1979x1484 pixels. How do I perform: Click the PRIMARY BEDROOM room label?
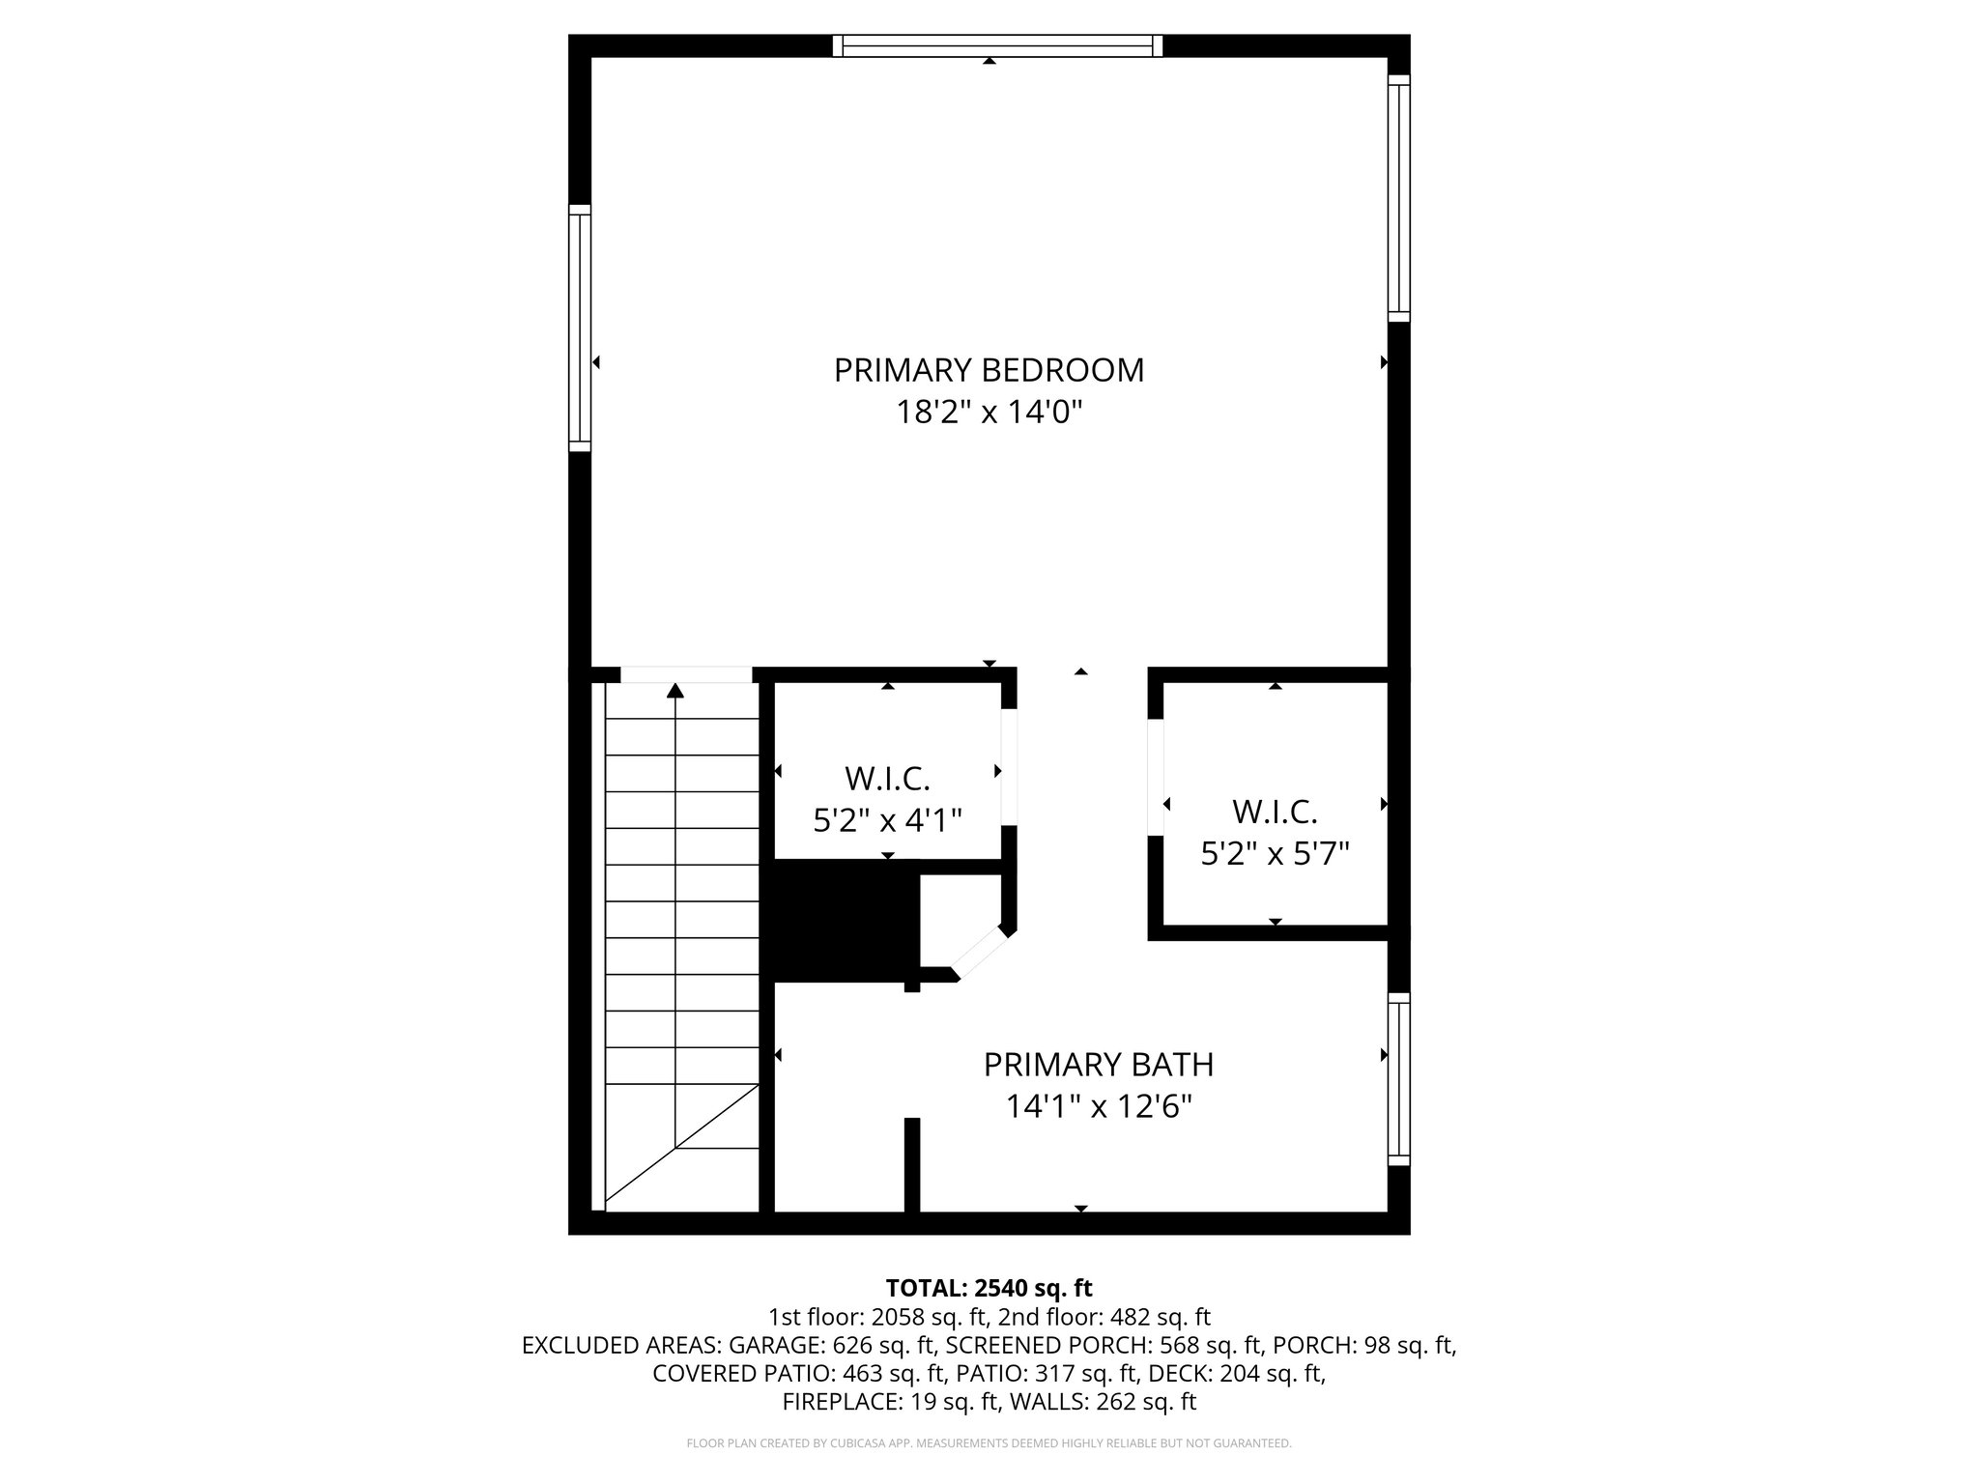pos(989,370)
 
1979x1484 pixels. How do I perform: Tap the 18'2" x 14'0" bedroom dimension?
pos(989,414)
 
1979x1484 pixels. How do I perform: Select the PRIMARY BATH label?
pos(1099,1065)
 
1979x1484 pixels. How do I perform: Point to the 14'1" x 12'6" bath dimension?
pos(1099,1107)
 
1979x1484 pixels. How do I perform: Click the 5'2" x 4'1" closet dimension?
pos(887,821)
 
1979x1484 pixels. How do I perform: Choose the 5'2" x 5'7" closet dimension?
pos(1275,854)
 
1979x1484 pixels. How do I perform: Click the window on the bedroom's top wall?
pos(997,45)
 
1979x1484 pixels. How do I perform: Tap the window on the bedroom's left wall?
pos(579,328)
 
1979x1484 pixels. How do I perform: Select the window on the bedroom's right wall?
pos(1398,198)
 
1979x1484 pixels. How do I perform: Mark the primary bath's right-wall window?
pos(1398,1079)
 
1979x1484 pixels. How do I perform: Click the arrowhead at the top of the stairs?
pos(675,690)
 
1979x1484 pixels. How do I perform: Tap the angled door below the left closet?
pos(981,954)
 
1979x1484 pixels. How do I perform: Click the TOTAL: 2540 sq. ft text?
pos(989,1288)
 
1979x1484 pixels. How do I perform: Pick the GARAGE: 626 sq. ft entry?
pos(832,1345)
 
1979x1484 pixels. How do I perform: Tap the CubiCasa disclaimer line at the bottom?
pos(989,1443)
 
